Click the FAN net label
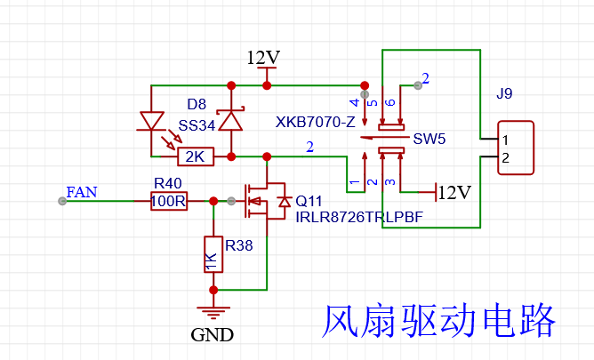(82, 191)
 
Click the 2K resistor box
(195, 157)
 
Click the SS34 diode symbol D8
(231, 119)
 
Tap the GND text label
(213, 335)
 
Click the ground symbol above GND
(213, 310)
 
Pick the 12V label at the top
(263, 58)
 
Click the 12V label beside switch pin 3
(454, 192)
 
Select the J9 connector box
(517, 148)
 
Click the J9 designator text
(503, 93)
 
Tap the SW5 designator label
(429, 140)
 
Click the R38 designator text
(237, 244)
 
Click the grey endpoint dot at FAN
(61, 201)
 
